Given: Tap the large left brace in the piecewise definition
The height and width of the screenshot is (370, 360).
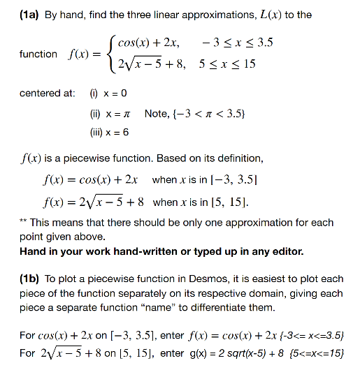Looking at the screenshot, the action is (x=110, y=54).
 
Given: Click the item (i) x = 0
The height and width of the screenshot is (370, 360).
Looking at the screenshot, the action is (x=104, y=94).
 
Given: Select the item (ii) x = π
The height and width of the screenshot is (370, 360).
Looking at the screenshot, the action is (x=104, y=113).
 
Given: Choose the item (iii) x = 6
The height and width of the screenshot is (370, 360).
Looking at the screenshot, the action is (x=106, y=132).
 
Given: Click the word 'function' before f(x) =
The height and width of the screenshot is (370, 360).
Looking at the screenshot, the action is (x=38, y=54).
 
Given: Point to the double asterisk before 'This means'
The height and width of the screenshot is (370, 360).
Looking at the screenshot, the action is (x=24, y=222).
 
